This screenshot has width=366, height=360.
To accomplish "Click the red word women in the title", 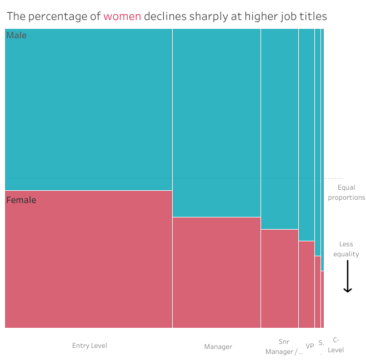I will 122,16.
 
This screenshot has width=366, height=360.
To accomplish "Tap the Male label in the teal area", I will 17,36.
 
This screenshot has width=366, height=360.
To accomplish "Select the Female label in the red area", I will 21,200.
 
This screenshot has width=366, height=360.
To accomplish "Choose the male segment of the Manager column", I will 216,122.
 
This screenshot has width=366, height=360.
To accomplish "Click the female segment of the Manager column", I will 216,272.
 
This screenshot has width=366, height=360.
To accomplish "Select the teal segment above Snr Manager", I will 279,128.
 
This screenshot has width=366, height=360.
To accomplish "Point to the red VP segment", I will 306,284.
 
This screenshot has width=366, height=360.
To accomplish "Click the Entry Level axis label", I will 89,346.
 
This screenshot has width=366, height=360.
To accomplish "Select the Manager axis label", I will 218,347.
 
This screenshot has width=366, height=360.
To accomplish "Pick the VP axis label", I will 310,347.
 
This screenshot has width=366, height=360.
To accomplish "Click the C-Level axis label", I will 335,345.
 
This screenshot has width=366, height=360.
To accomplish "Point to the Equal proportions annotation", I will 347,192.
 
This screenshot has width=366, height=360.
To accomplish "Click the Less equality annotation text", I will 347,249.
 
